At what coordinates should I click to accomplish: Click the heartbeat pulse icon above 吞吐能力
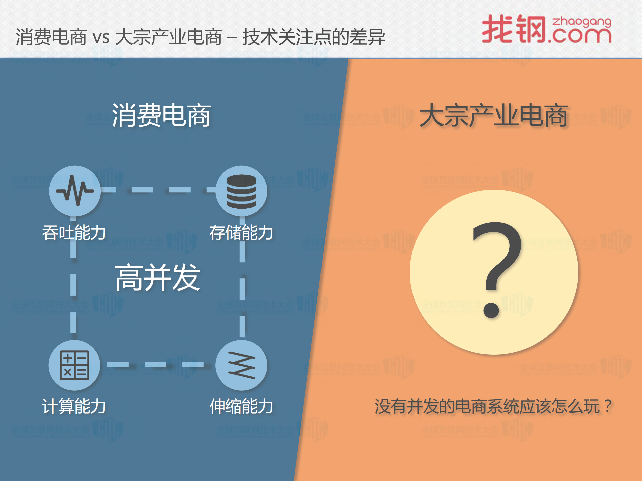(x=75, y=191)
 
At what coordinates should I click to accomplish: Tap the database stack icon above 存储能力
(x=241, y=191)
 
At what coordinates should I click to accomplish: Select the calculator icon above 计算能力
(x=74, y=365)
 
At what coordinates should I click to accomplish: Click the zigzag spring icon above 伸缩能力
(x=241, y=365)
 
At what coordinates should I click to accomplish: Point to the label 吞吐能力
(x=74, y=233)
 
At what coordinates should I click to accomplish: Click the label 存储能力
(x=241, y=233)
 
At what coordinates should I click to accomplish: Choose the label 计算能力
(x=74, y=406)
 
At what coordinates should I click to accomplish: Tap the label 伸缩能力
(x=241, y=406)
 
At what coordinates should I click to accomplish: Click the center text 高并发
(x=158, y=277)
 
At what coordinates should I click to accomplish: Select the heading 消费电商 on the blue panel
(x=162, y=115)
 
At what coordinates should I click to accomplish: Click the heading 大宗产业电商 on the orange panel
(x=494, y=115)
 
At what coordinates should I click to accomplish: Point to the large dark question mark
(x=497, y=257)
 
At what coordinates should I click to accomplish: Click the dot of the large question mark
(x=491, y=310)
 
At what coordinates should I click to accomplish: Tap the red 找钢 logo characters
(x=514, y=29)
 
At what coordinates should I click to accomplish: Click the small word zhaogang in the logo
(x=581, y=22)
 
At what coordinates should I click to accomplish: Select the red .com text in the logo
(x=580, y=36)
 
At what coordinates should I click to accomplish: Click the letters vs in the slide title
(x=101, y=37)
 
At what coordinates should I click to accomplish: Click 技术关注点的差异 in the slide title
(x=313, y=37)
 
